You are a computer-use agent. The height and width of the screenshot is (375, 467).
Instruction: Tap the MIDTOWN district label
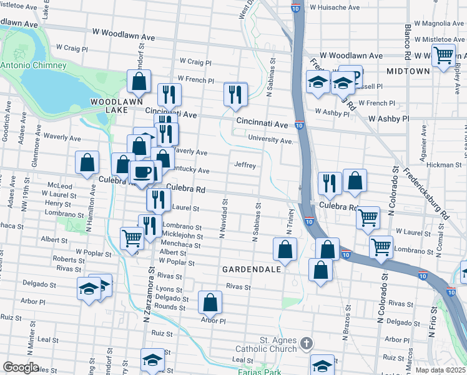point(408,71)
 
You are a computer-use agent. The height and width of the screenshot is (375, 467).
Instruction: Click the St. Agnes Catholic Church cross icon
point(306,343)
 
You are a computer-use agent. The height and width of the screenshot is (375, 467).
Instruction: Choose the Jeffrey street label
point(245,165)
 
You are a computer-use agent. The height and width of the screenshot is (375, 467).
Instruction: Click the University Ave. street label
point(270,140)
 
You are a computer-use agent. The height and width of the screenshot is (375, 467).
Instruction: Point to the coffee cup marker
point(142,172)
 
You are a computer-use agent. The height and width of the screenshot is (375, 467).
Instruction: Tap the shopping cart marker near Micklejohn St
point(132,237)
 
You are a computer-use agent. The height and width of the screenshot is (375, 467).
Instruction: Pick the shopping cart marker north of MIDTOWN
point(444,55)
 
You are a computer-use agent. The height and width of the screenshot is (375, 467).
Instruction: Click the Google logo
point(21,367)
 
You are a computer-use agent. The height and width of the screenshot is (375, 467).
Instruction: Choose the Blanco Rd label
point(407,37)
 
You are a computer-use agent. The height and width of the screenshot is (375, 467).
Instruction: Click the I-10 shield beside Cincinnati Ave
point(300,125)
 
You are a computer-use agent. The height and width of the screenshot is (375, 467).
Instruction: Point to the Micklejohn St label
point(182,236)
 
